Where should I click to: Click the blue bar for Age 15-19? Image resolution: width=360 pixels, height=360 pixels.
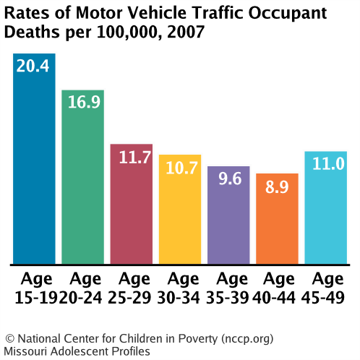34,166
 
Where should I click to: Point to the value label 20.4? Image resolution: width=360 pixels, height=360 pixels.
34,67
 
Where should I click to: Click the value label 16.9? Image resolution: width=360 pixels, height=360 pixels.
82,102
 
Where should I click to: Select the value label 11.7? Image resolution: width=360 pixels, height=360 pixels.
131,157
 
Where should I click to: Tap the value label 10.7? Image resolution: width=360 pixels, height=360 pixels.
180,168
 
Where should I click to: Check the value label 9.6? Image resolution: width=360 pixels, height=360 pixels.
228,179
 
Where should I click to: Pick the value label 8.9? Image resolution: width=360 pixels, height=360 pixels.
277,186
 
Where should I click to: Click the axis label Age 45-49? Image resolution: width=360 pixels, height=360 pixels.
326,287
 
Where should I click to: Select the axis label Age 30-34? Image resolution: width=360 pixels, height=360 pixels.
180,287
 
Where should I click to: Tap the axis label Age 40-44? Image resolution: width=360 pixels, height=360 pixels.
277,287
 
